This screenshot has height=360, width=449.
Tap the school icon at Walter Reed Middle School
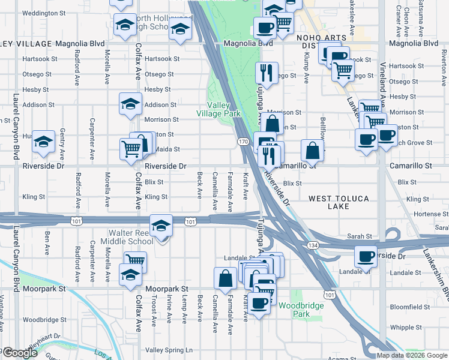161,226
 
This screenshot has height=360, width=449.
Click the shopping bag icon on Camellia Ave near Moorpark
225,278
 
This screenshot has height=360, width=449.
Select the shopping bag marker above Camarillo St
313,150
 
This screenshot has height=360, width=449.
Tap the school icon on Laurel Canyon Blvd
43,142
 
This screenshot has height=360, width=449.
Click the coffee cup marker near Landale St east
366,256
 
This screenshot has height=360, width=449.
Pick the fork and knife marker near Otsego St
266,73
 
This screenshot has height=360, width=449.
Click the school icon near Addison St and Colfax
130,104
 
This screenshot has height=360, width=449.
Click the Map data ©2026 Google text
411,355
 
